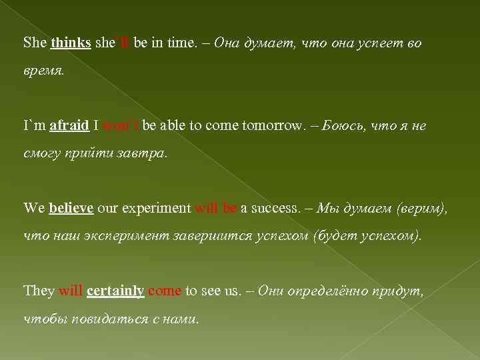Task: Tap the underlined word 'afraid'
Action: [69, 125]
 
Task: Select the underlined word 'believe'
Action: [71, 208]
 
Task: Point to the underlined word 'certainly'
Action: [115, 291]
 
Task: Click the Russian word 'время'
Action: [43, 71]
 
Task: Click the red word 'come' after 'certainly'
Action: [165, 291]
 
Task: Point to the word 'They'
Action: [39, 291]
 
